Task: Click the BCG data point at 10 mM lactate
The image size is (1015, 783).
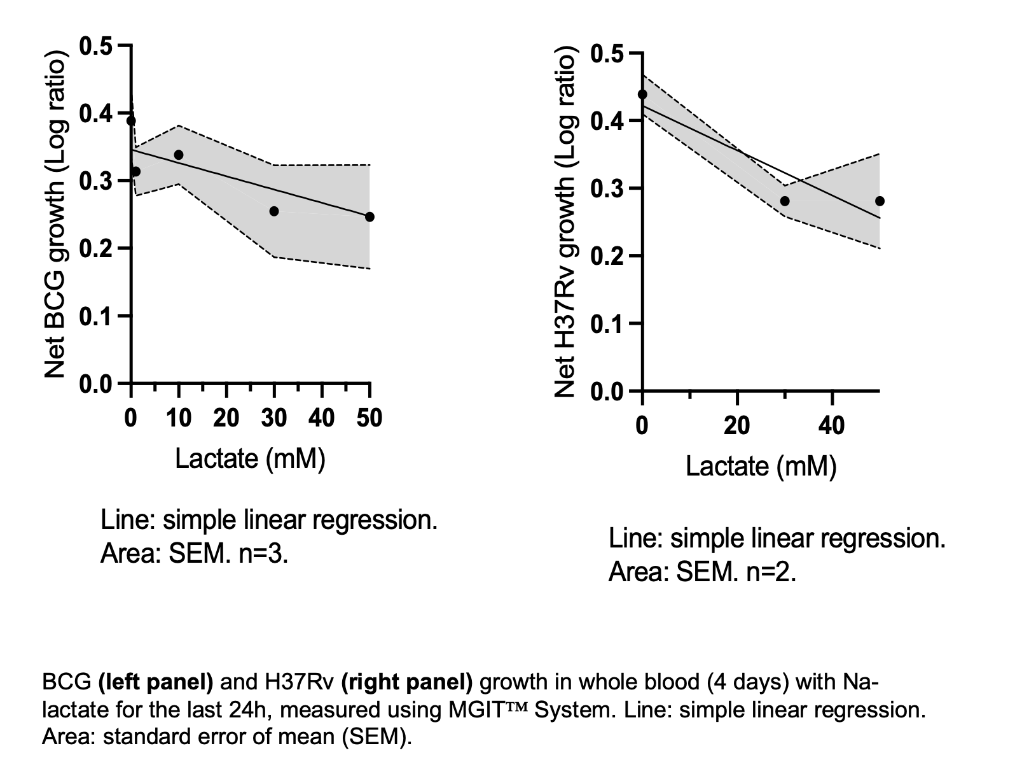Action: (x=179, y=155)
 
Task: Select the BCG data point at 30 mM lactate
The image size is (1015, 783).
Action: (x=274, y=211)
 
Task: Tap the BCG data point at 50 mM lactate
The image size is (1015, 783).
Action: (x=369, y=217)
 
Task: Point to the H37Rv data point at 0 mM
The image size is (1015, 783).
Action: (x=642, y=95)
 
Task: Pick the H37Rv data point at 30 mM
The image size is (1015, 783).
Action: (x=785, y=201)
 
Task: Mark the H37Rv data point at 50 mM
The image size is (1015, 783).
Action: (x=880, y=201)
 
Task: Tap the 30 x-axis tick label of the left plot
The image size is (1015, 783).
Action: (x=274, y=418)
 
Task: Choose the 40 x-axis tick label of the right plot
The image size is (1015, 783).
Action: (x=832, y=425)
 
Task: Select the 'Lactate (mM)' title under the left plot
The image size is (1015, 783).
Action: (x=250, y=458)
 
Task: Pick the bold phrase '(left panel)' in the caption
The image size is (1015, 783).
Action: (x=156, y=682)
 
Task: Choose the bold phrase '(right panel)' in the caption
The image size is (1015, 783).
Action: (x=407, y=682)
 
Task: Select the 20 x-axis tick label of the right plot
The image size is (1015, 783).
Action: (x=737, y=425)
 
